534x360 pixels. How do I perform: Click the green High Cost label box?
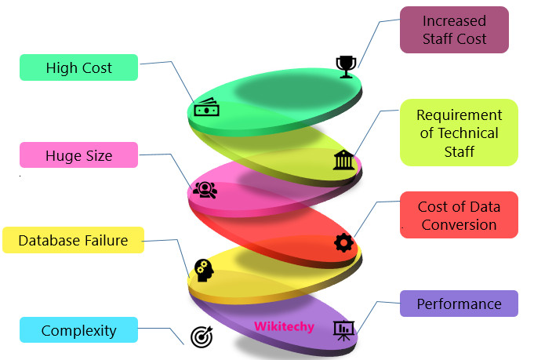pyautogui.click(x=78, y=67)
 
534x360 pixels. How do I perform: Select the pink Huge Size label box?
pyautogui.click(x=78, y=155)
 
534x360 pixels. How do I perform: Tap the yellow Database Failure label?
pyautogui.click(x=73, y=240)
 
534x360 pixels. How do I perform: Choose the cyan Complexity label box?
pyautogui.click(x=78, y=330)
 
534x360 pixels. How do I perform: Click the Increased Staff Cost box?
pyautogui.click(x=454, y=30)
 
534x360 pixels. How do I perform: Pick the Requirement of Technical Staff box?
pyautogui.click(x=459, y=132)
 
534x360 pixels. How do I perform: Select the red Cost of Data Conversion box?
pyautogui.click(x=459, y=215)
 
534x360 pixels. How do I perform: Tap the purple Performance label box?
pyautogui.click(x=459, y=304)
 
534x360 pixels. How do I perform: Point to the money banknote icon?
pyautogui.click(x=206, y=109)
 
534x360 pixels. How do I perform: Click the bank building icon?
pyautogui.click(x=343, y=160)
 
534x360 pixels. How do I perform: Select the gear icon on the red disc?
pyautogui.click(x=343, y=242)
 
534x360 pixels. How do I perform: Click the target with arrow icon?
pyautogui.click(x=202, y=336)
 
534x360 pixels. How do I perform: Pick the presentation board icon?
pyautogui.click(x=343, y=329)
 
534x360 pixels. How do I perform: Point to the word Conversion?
pyautogui.click(x=459, y=224)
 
